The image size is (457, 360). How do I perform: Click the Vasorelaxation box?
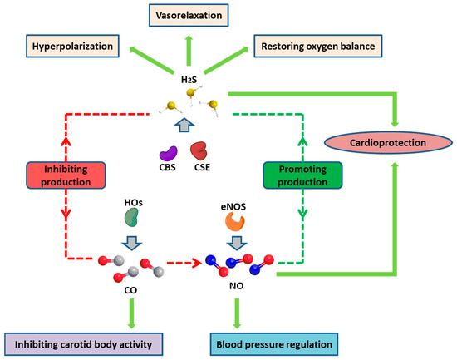(x=189, y=15)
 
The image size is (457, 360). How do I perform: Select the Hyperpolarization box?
(x=72, y=46)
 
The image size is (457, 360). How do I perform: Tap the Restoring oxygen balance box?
(x=318, y=46)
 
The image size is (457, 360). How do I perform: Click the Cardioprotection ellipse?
(x=388, y=143)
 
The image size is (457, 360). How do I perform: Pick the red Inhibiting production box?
(x=66, y=175)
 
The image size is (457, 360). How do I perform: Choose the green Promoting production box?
(x=302, y=175)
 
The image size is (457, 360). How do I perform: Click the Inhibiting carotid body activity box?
(x=83, y=344)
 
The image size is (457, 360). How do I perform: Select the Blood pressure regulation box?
(x=274, y=344)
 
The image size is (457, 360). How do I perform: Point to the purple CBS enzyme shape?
(x=168, y=154)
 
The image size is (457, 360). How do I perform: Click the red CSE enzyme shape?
(x=199, y=150)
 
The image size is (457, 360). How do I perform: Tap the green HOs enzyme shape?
(x=131, y=217)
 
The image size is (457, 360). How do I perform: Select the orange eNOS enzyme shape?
(x=235, y=221)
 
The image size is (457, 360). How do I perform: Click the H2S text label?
(x=189, y=80)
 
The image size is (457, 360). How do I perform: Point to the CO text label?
(x=130, y=290)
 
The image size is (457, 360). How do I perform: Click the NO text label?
(x=236, y=286)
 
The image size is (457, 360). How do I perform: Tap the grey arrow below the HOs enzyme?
(x=132, y=243)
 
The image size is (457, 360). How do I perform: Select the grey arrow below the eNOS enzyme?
(x=237, y=243)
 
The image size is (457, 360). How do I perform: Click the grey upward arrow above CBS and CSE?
(x=184, y=125)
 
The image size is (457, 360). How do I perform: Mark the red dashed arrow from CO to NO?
(x=184, y=264)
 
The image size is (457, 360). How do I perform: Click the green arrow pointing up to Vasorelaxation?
(x=189, y=50)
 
